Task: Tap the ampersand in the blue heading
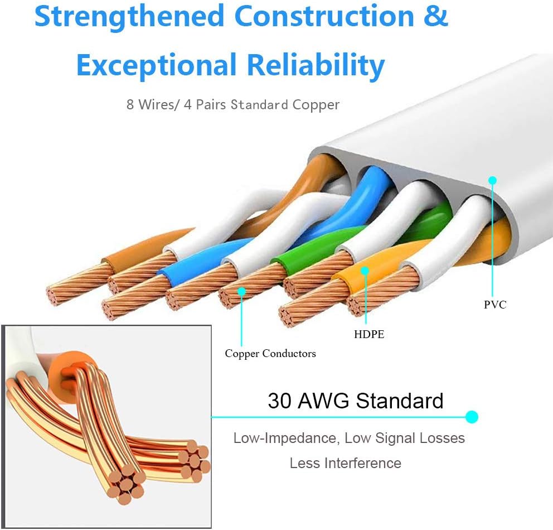[435, 17]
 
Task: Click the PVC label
[495, 305]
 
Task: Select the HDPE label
[368, 335]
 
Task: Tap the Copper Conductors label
[270, 353]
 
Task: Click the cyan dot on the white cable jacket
[492, 180]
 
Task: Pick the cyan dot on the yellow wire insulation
[365, 271]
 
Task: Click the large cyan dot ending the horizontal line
[472, 416]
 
